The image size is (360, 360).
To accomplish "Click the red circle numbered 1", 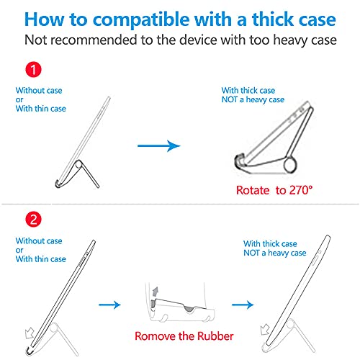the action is coord(33,70).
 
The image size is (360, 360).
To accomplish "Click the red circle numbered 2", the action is coord(33,219).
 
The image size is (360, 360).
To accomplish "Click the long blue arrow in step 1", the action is coord(159,145).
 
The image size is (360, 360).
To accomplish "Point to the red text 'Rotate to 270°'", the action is coord(274,190).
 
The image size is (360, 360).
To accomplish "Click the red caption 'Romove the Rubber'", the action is coord(184,336).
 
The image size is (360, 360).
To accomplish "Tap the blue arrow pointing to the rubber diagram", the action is coord(109,305).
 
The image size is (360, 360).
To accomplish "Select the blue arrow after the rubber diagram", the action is coord(243,305).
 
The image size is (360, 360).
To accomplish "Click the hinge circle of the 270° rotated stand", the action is coord(290,165).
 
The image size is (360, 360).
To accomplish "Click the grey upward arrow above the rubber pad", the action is coord(156,292).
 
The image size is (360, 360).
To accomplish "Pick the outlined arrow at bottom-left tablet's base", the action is coord(30,333).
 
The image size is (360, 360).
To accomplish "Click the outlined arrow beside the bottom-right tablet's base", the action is coord(265,329).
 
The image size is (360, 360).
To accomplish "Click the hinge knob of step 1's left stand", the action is coord(78,165).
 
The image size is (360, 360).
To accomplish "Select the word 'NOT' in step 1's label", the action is coord(230,99).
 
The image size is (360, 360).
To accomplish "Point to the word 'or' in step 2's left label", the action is coord(19,251).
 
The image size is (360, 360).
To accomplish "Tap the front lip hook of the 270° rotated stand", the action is coord(240,161).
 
